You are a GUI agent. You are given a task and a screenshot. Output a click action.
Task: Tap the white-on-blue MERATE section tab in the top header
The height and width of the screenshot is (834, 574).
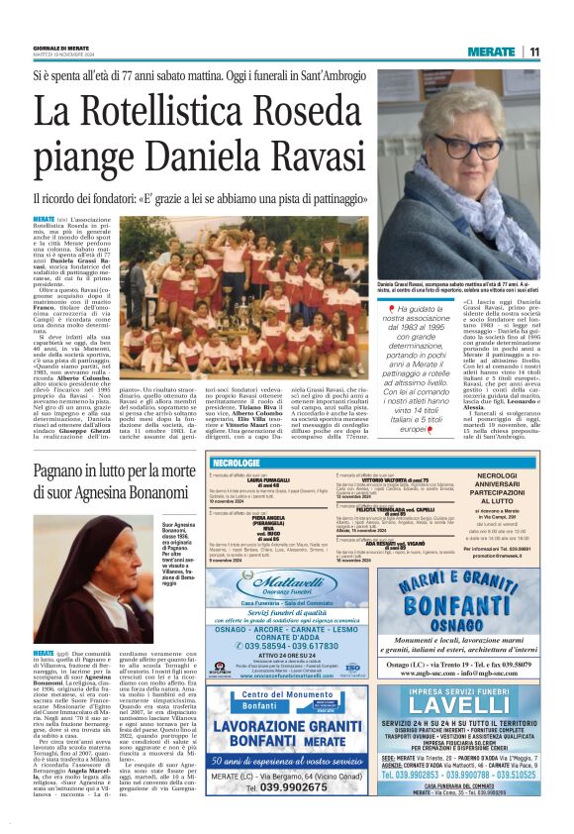coord(491,52)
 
